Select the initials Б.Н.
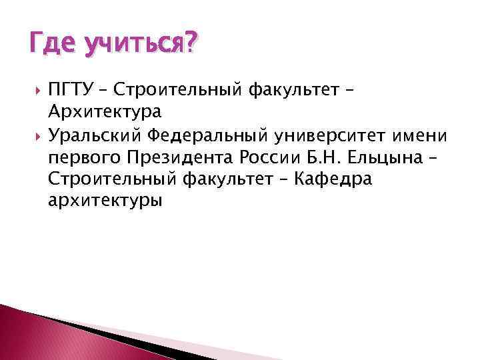pos(335,160)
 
